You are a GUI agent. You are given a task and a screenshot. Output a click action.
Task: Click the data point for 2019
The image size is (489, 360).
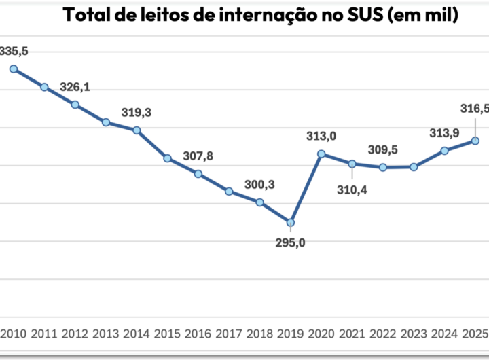click(291, 223)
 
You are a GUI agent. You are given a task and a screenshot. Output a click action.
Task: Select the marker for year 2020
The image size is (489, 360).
click(321, 154)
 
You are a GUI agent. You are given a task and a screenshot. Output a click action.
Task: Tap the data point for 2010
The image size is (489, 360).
click(14, 69)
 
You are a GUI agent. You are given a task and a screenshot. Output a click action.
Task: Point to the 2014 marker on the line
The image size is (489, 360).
click(137, 130)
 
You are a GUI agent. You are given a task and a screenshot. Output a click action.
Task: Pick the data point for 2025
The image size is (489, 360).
click(475, 141)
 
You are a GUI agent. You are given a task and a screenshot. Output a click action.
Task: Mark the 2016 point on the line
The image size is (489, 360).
click(198, 174)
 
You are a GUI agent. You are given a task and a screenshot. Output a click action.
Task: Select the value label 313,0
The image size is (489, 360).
click(321, 137)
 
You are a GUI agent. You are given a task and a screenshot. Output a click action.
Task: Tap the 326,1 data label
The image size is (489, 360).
click(75, 88)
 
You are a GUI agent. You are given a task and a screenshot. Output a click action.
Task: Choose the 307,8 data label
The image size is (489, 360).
click(198, 156)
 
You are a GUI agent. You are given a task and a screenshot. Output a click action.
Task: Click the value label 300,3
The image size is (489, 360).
click(259, 185)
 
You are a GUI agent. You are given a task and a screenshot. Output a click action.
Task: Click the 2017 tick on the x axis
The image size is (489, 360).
click(229, 334)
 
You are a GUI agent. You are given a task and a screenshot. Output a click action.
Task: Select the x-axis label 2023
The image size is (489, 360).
click(414, 334)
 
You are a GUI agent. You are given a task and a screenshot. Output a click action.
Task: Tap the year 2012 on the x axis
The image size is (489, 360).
click(75, 334)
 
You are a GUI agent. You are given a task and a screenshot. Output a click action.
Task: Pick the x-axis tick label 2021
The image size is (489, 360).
click(352, 334)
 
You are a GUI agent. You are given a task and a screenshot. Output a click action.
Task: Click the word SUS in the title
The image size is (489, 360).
click(378, 15)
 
